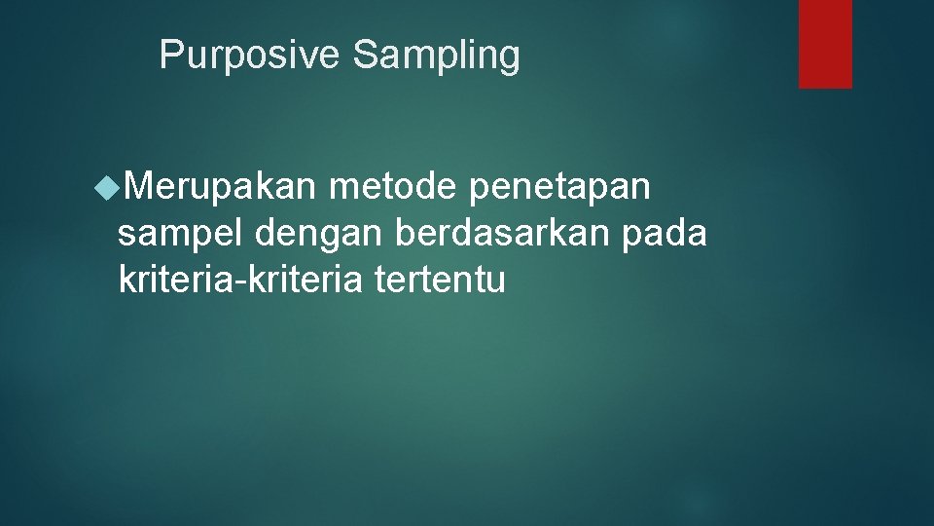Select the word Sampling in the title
436,56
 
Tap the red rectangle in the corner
825,44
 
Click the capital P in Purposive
169,56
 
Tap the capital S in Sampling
363,56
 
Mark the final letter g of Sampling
511,58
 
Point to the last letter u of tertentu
497,282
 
